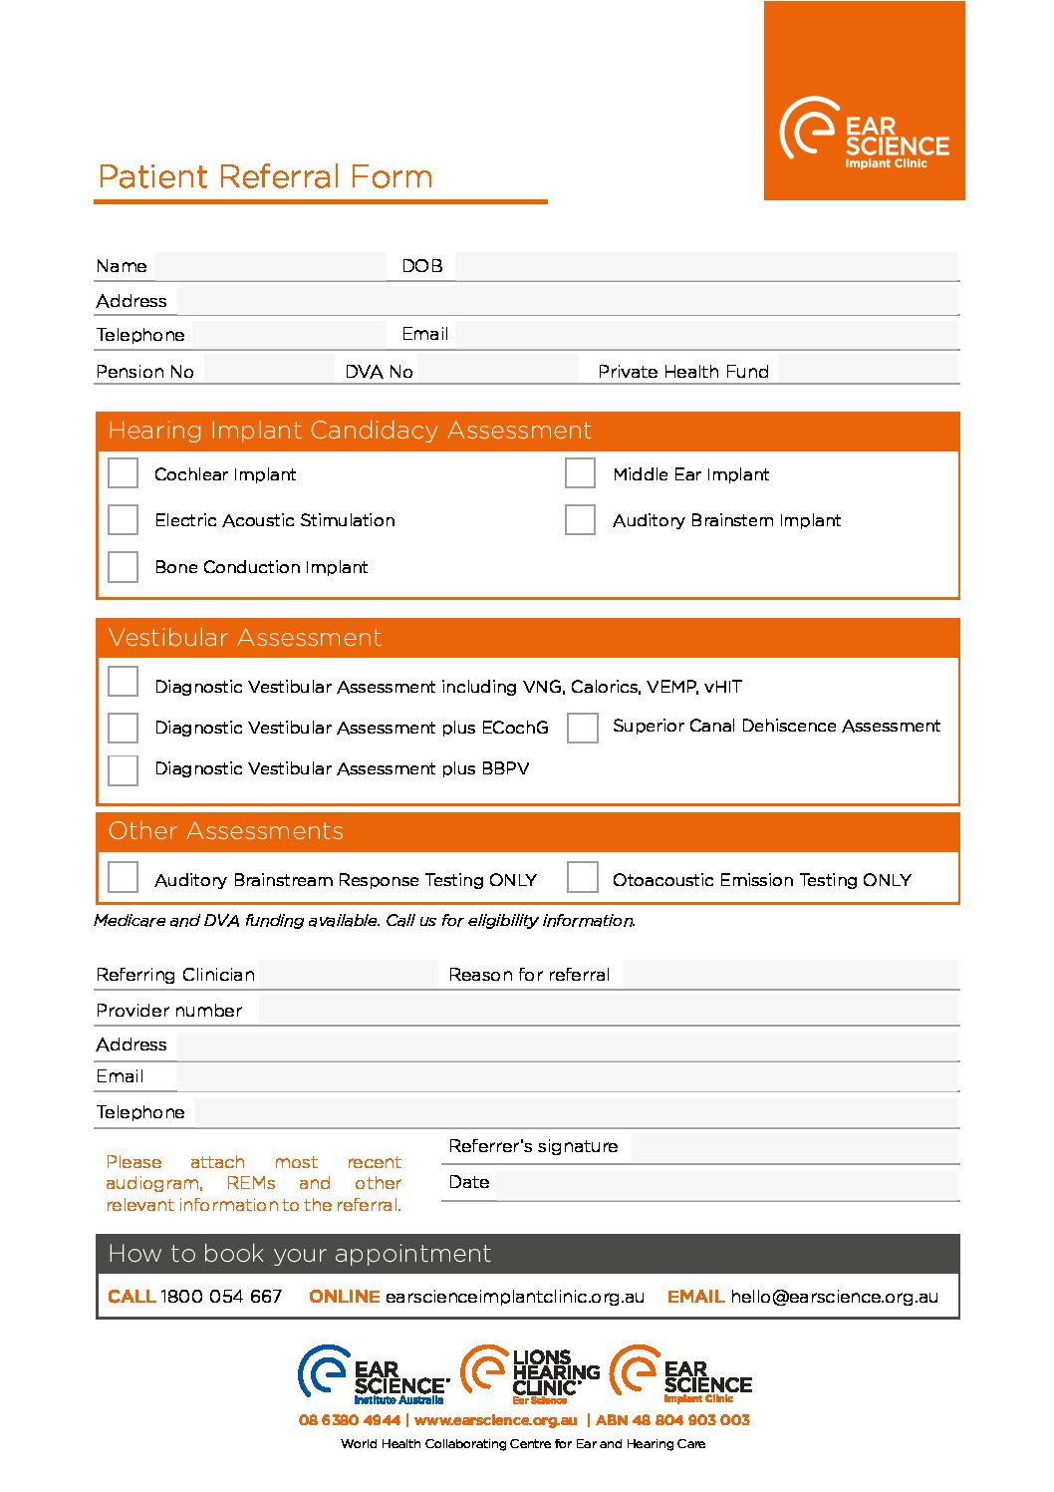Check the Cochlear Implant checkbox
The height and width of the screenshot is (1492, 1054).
click(x=123, y=472)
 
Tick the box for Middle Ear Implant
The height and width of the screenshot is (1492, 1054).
click(x=580, y=472)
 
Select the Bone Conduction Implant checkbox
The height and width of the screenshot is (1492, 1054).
click(x=123, y=566)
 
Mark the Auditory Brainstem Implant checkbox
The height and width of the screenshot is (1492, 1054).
click(x=580, y=519)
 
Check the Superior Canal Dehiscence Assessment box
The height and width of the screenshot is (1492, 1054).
click(x=582, y=728)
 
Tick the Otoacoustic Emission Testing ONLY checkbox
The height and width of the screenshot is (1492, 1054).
click(x=582, y=878)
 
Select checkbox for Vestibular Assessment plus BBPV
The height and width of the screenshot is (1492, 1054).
click(x=123, y=769)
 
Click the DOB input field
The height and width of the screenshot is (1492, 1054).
click(x=705, y=266)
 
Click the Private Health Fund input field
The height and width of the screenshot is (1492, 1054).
click(x=868, y=371)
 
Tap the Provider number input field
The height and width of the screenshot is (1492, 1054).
click(x=608, y=1011)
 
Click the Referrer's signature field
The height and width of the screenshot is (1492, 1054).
click(x=794, y=1147)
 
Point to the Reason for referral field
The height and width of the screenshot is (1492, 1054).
click(x=790, y=975)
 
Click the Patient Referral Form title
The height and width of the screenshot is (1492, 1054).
click(x=265, y=177)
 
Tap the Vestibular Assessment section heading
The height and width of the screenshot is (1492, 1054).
click(x=245, y=638)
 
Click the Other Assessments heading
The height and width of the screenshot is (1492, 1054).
click(x=226, y=831)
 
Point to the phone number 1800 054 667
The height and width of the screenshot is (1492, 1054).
click(x=221, y=1297)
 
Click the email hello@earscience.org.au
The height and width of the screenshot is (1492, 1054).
click(x=834, y=1297)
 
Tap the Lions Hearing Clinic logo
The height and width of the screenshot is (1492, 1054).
click(x=531, y=1375)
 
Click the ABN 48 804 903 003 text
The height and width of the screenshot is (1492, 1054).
click(x=672, y=1420)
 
